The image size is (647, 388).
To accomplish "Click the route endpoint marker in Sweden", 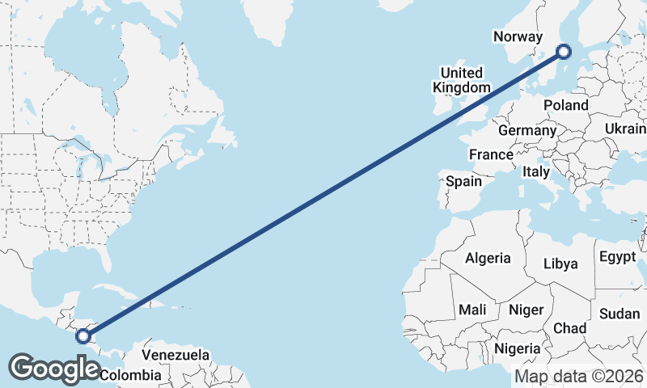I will (x=564, y=52).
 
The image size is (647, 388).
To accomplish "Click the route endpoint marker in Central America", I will (x=82, y=335).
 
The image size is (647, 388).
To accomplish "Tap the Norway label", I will (x=516, y=36).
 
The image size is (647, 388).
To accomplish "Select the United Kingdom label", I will (x=461, y=79).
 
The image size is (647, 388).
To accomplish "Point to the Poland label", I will (x=566, y=105).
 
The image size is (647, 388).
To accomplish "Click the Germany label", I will (x=527, y=130).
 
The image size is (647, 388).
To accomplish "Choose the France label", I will (x=491, y=154).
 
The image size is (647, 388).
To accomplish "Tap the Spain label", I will (x=464, y=182).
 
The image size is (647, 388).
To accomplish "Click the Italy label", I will (x=536, y=171).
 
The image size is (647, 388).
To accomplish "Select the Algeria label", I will (x=488, y=258).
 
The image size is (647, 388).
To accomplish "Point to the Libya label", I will (x=560, y=264).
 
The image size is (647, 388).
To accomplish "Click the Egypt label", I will (x=618, y=258).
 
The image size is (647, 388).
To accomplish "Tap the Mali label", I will (x=472, y=310).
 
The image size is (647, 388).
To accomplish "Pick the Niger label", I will (x=526, y=310).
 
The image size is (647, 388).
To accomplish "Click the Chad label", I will (x=570, y=327).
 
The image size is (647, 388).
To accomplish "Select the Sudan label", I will (x=620, y=314).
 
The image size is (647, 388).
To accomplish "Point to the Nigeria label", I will (x=517, y=348).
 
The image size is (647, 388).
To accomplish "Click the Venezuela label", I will (x=175, y=355).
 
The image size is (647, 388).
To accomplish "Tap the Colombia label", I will (x=130, y=375).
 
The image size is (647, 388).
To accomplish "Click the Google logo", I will (x=56, y=369).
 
